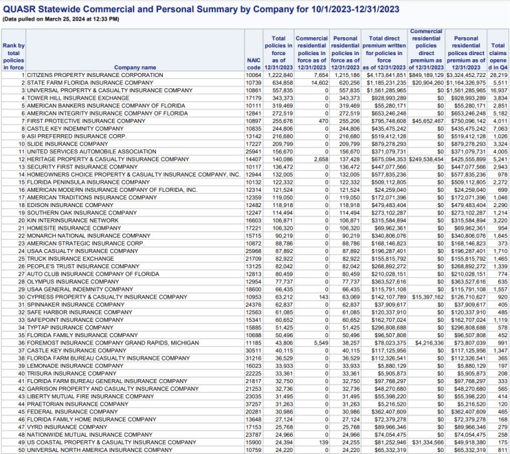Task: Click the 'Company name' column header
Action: tap(135, 67)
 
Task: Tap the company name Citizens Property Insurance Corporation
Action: tap(94, 75)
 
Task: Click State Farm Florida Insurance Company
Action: tap(90, 82)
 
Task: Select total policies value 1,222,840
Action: tap(278, 75)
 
